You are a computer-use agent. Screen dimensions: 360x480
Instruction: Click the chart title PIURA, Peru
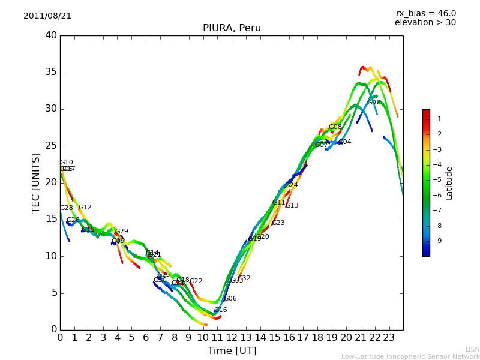[x=232, y=28]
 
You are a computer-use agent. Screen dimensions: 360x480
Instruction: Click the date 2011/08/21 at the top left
[x=47, y=16]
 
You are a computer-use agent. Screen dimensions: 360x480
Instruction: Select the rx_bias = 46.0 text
[x=426, y=14]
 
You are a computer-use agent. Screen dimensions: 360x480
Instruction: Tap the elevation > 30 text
[x=425, y=23]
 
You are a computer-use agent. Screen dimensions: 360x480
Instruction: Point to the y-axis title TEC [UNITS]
[x=37, y=183]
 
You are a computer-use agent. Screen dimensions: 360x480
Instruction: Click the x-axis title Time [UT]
[x=232, y=351]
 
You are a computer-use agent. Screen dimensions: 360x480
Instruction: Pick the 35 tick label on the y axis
[x=51, y=73]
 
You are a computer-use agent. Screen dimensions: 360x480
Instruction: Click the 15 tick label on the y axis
[x=51, y=220]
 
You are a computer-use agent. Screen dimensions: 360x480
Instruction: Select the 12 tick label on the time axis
[x=232, y=337]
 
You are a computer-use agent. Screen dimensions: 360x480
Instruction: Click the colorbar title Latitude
[x=449, y=183]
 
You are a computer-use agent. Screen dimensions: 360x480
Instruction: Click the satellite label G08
[x=335, y=127]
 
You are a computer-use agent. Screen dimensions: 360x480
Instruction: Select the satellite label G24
[x=292, y=185]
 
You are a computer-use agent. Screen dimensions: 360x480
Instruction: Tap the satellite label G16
[x=221, y=310]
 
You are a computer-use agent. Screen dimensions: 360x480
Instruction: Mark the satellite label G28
[x=66, y=208]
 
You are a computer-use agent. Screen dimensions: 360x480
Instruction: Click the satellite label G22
[x=196, y=281]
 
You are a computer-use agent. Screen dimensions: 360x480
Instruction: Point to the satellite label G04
[x=345, y=142]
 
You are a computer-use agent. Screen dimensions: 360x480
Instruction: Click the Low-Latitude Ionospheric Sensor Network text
[x=410, y=357]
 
